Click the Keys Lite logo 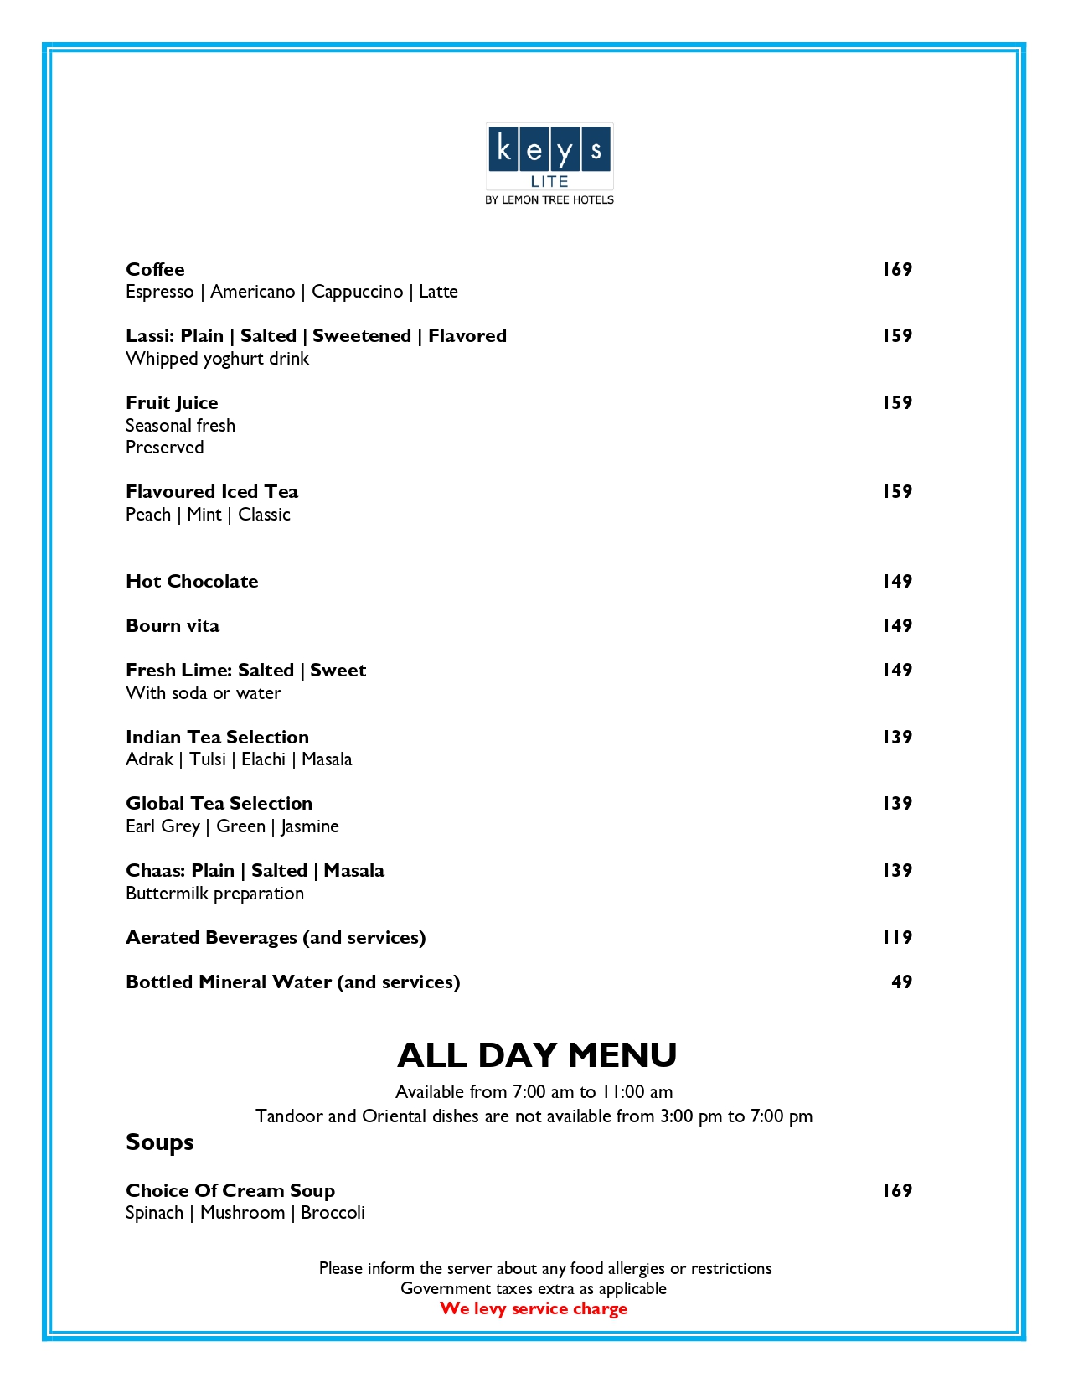(x=549, y=163)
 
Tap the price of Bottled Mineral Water (x=901, y=982)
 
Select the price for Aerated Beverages (x=897, y=937)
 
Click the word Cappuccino (x=357, y=292)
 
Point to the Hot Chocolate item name (x=192, y=581)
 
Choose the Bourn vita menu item (x=173, y=625)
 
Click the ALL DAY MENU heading (x=537, y=1054)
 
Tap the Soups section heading (x=159, y=1142)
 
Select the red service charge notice (x=534, y=1308)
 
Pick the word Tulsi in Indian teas (x=208, y=759)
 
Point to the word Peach (x=148, y=515)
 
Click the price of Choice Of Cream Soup (x=897, y=1190)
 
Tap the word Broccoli (x=333, y=1213)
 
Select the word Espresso (x=159, y=292)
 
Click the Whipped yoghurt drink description (x=217, y=359)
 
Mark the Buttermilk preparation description (x=214, y=894)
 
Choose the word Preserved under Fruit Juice (x=164, y=448)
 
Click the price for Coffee (x=897, y=269)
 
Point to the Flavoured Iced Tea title (x=212, y=491)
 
